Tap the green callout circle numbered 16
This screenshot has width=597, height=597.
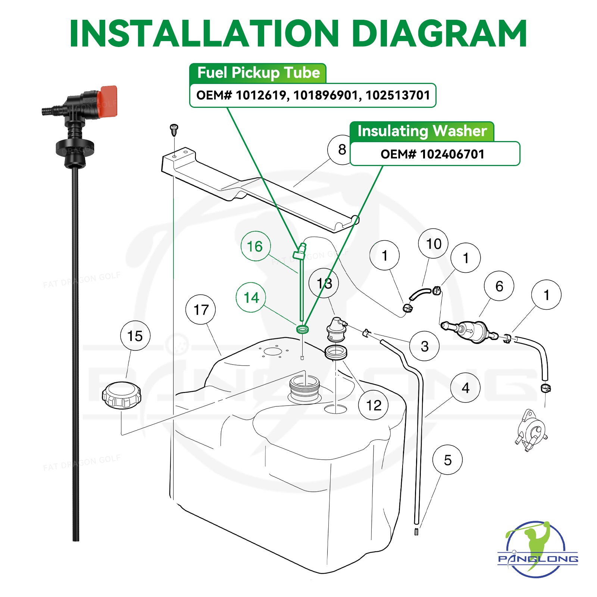coord(255,246)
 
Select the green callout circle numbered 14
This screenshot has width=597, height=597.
coord(251,297)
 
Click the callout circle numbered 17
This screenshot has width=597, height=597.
coord(201,310)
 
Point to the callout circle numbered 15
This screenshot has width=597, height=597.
coord(135,336)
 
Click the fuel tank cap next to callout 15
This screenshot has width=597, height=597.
coord(122,395)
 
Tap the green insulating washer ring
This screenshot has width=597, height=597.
coord(303,329)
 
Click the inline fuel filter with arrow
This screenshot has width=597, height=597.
coord(471,330)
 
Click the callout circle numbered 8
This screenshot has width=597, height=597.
coord(342,150)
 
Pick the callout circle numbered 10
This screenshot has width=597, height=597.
coord(433,244)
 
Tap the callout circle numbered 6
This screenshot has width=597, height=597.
coord(499,286)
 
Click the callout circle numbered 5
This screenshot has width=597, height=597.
coord(447,460)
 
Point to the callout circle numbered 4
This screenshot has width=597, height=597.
coord(465,388)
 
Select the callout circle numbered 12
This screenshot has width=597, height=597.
coord(373,405)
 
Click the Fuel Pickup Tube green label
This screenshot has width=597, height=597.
coord(258,73)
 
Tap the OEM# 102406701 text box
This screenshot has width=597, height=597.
coord(434,154)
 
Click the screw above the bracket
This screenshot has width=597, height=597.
coord(174,129)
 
